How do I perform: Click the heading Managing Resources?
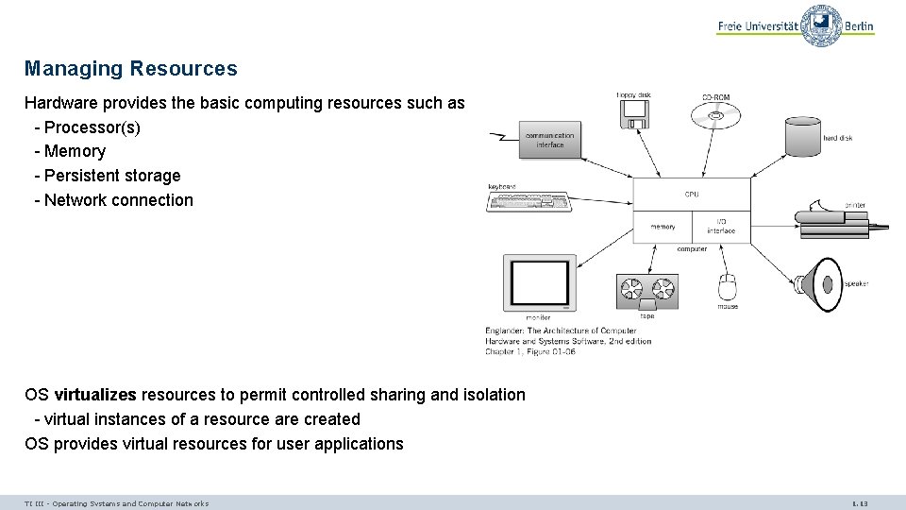[x=131, y=69]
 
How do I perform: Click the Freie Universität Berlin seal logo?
[x=821, y=25]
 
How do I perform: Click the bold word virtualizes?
[x=95, y=395]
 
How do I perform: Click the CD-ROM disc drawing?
[x=715, y=116]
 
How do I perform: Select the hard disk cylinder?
[x=803, y=137]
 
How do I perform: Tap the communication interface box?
[x=550, y=141]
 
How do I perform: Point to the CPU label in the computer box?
[x=692, y=195]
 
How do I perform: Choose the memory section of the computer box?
[x=663, y=227]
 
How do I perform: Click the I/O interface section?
[x=721, y=227]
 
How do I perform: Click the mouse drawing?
[x=727, y=286]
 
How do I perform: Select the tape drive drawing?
[x=646, y=290]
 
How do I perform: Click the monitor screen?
[x=539, y=282]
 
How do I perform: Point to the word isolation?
[x=489, y=395]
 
